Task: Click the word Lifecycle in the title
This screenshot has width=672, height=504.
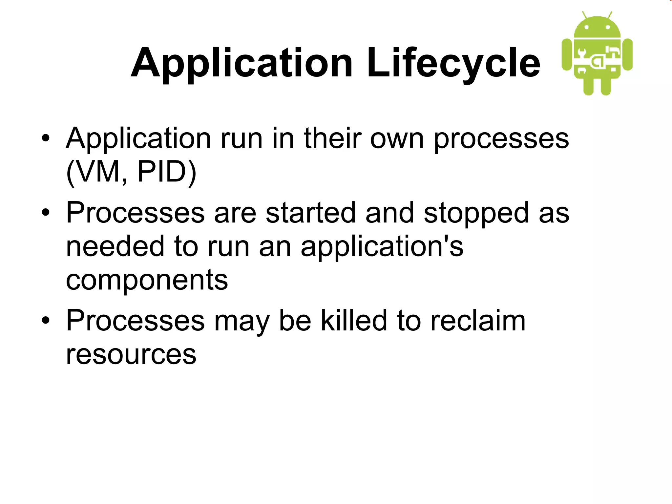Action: (x=453, y=63)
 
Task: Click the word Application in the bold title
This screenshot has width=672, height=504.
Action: (x=242, y=63)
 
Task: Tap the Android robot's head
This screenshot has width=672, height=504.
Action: (x=597, y=28)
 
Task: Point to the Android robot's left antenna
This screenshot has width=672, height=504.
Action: (x=584, y=15)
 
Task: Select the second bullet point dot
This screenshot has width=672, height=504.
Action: (x=46, y=212)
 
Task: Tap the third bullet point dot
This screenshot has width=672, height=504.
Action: (x=46, y=320)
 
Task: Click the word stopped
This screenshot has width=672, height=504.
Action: (x=476, y=213)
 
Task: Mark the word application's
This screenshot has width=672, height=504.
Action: (x=382, y=247)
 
